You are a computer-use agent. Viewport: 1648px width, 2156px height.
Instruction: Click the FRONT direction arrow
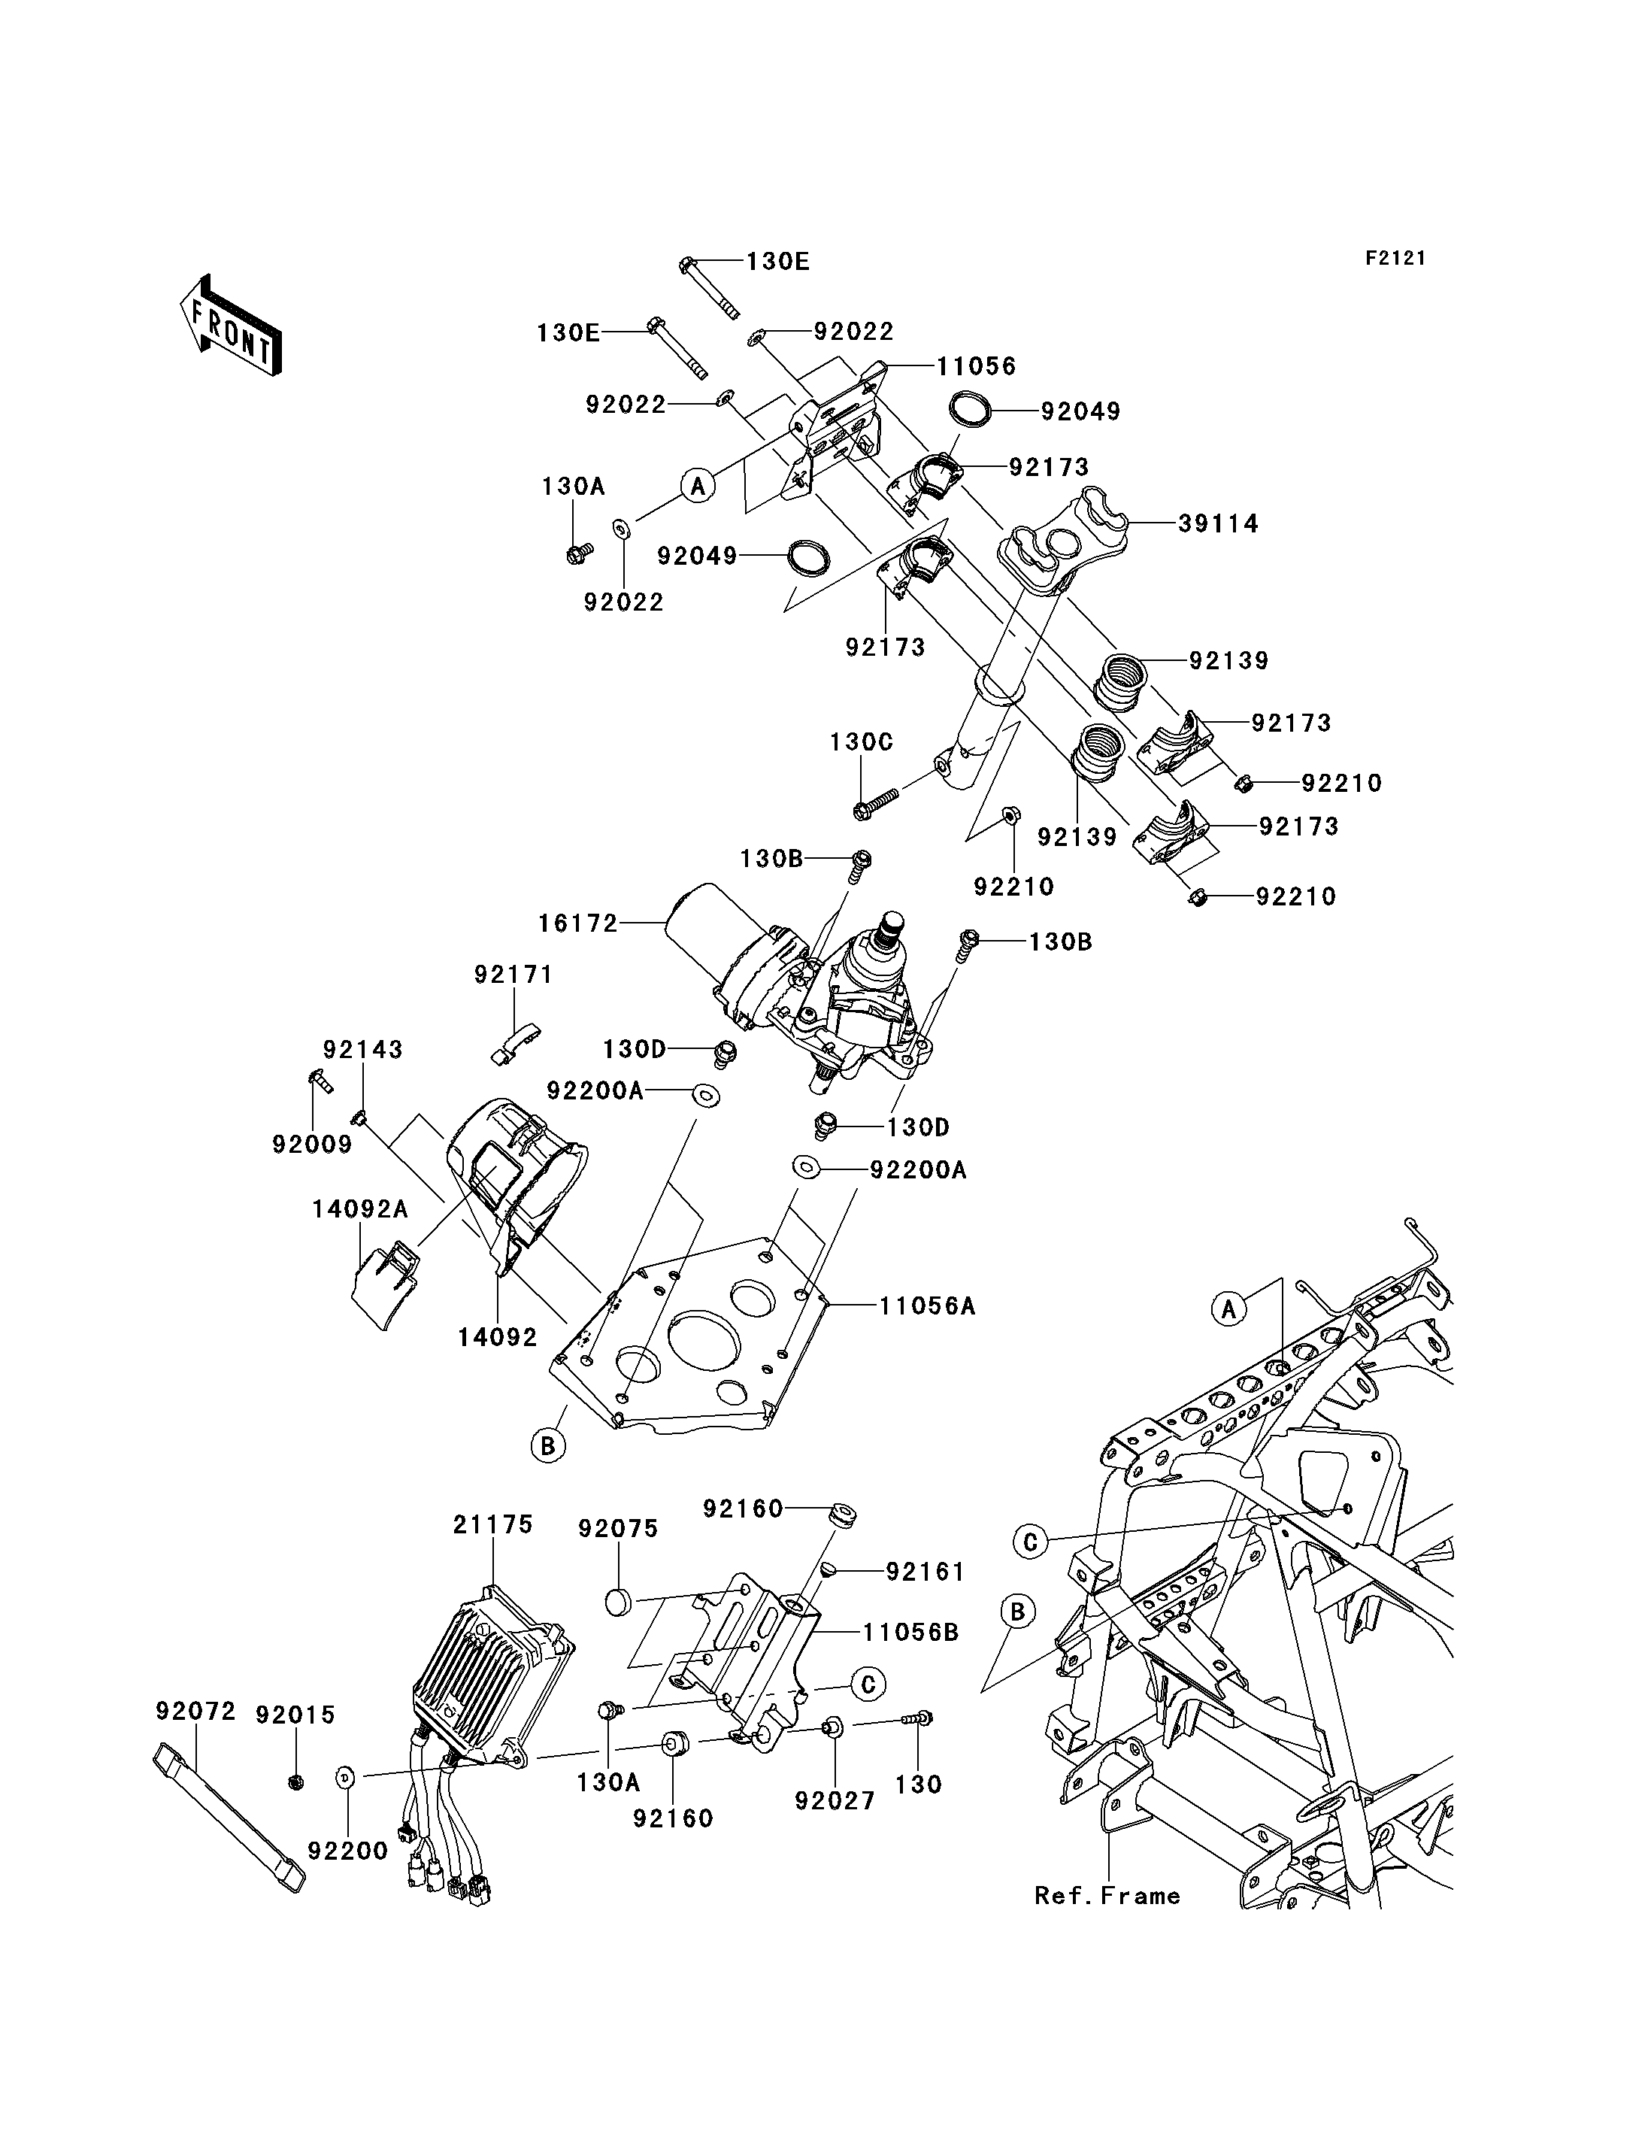pyautogui.click(x=231, y=327)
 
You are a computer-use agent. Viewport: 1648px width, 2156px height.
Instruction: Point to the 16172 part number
pyautogui.click(x=578, y=923)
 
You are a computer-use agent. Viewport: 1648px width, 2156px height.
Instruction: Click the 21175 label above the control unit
pyautogui.click(x=492, y=1525)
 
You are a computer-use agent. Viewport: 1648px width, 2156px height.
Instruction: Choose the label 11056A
pyautogui.click(x=927, y=1306)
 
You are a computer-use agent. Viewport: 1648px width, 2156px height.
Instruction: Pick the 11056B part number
pyautogui.click(x=911, y=1632)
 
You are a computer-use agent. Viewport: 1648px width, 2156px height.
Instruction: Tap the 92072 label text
pyautogui.click(x=195, y=1712)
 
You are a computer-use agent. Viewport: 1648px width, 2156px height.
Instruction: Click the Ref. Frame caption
pyautogui.click(x=1107, y=1896)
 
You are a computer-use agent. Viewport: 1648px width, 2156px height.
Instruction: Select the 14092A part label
pyautogui.click(x=360, y=1210)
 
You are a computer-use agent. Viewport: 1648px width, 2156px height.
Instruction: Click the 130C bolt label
pyautogui.click(x=862, y=742)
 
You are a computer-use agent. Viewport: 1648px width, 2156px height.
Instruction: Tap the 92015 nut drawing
pyautogui.click(x=296, y=1782)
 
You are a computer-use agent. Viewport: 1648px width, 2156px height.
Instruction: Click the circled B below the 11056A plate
pyautogui.click(x=548, y=1445)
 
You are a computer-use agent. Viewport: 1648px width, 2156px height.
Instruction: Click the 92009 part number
pyautogui.click(x=312, y=1145)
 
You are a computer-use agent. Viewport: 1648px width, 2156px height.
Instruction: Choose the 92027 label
pyautogui.click(x=835, y=1802)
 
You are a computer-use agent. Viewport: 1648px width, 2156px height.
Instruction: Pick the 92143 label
pyautogui.click(x=363, y=1049)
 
